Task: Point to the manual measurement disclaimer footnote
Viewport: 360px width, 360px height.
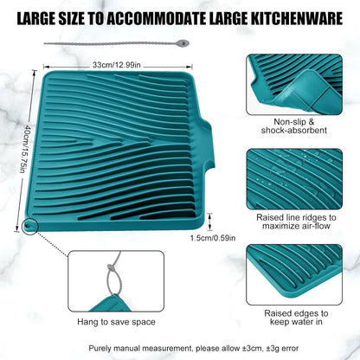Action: pyautogui.click(x=180, y=346)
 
